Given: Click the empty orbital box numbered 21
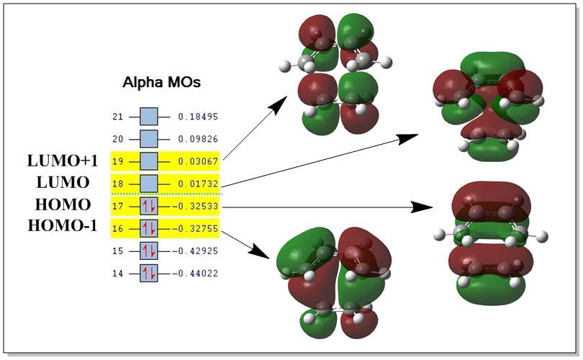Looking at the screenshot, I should (x=148, y=116).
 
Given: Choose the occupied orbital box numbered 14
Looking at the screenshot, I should (x=148, y=274).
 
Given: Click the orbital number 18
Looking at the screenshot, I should (x=118, y=184).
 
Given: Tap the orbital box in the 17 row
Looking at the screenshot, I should (x=148, y=206).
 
